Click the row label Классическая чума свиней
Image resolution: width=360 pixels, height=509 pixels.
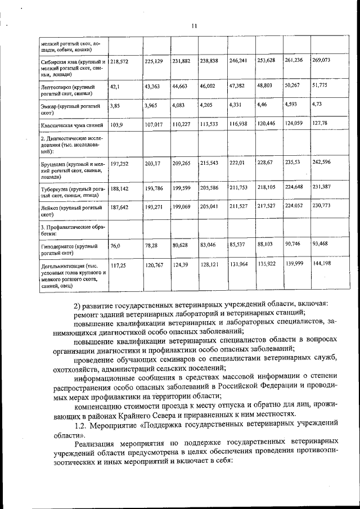pos(70,123)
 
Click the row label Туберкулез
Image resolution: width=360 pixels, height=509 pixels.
pos(56,190)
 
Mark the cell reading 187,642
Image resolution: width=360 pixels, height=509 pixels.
pos(120,207)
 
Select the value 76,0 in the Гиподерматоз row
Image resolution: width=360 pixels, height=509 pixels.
pos(116,245)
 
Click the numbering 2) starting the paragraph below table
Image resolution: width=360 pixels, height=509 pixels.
pos(78,305)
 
